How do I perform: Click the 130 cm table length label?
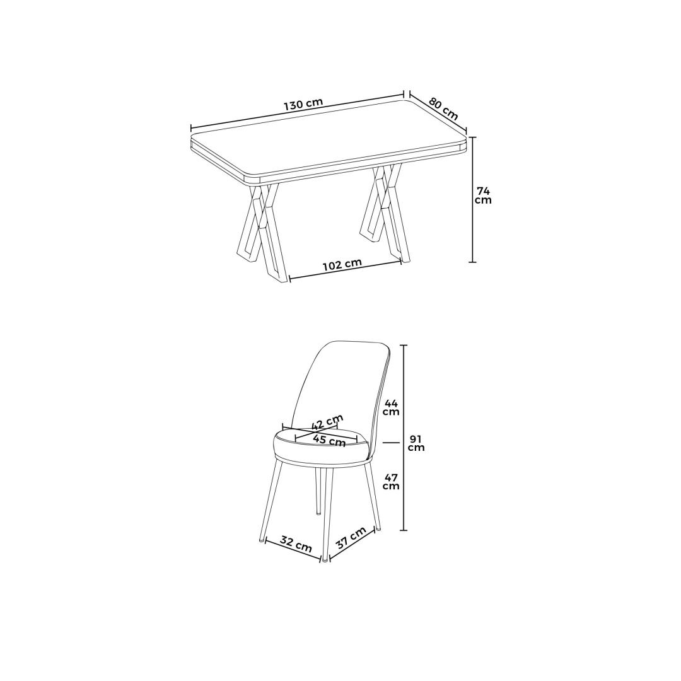[x=303, y=105]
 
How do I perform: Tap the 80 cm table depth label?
[x=444, y=108]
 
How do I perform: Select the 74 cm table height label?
[x=483, y=195]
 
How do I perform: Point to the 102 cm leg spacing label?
[x=342, y=264]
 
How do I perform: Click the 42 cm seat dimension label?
[x=327, y=421]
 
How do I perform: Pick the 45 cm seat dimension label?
[x=330, y=440]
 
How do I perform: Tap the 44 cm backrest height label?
[x=391, y=408]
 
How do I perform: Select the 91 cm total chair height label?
[x=416, y=443]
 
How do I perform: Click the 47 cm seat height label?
[x=391, y=482]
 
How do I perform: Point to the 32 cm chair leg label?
[x=295, y=544]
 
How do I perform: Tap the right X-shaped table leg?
[x=384, y=213]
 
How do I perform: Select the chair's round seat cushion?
[x=322, y=446]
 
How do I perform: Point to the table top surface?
[x=329, y=138]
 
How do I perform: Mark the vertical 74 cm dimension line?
[x=472, y=199]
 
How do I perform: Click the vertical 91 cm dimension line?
[x=405, y=438]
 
